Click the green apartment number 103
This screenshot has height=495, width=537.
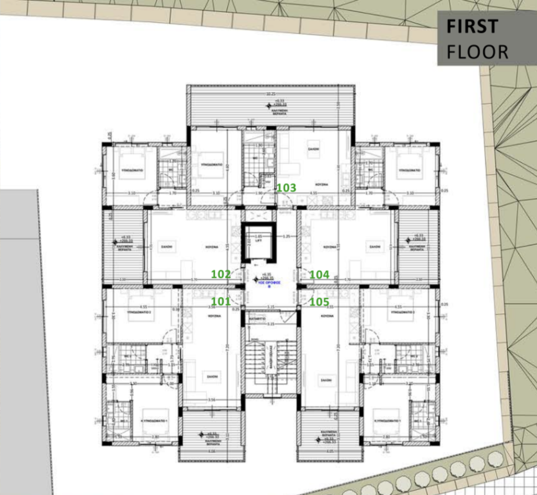[286, 188]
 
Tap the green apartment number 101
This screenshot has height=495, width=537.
[221, 302]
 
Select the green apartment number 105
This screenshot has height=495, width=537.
[319, 302]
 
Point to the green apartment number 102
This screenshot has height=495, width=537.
[221, 274]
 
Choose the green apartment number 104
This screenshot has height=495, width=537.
[319, 275]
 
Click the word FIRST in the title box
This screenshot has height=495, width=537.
[472, 27]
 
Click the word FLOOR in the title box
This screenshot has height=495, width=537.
[477, 52]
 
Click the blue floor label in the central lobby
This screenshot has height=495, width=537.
[269, 283]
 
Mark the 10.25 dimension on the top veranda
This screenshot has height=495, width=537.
[270, 94]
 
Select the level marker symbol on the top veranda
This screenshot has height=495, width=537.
[268, 106]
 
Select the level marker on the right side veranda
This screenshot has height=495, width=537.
[407, 240]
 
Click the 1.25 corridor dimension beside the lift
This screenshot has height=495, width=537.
[286, 236]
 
